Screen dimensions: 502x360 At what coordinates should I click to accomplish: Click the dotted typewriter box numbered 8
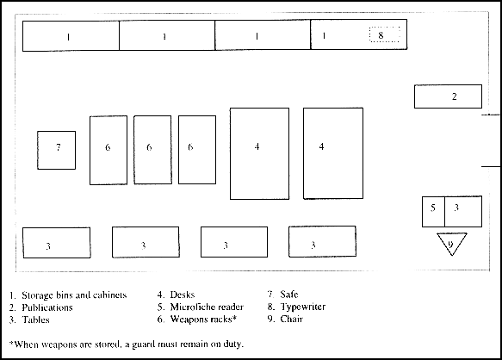(x=385, y=34)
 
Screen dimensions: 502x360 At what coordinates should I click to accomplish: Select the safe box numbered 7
(x=56, y=150)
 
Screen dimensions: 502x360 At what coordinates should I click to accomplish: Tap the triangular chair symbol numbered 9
(x=452, y=244)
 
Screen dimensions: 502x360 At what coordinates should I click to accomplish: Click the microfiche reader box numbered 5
(x=433, y=212)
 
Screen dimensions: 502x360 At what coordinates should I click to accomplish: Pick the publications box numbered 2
(x=448, y=96)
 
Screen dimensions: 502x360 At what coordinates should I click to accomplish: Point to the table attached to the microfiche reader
(x=463, y=212)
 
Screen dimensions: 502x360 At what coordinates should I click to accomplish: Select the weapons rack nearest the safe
(x=108, y=150)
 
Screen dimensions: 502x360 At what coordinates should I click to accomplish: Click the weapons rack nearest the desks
(x=197, y=150)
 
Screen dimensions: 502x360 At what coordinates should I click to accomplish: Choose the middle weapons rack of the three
(x=152, y=150)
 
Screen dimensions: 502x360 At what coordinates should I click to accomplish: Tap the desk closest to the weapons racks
(x=260, y=154)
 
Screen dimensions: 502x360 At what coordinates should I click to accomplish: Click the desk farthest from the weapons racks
(x=333, y=153)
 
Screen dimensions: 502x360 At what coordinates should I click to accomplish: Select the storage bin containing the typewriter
(x=358, y=34)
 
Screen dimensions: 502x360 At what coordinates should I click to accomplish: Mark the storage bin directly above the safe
(x=71, y=36)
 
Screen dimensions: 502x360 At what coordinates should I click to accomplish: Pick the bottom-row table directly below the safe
(x=57, y=243)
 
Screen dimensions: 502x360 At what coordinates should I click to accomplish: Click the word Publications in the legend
(x=47, y=307)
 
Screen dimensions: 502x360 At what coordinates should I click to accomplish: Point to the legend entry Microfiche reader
(x=207, y=307)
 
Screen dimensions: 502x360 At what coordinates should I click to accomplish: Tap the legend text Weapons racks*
(x=203, y=320)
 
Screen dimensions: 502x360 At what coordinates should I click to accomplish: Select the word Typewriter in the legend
(x=303, y=307)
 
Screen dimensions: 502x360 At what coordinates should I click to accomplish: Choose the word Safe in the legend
(x=289, y=294)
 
